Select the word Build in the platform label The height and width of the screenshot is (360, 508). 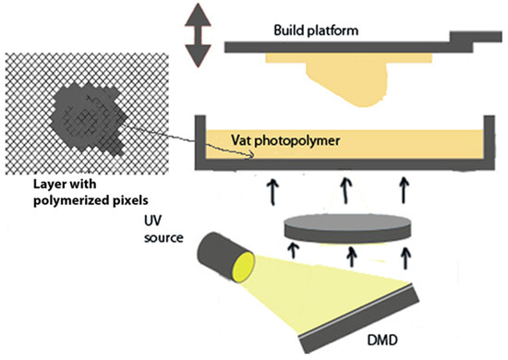[288, 30]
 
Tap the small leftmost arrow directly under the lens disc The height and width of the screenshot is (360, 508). [296, 250]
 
